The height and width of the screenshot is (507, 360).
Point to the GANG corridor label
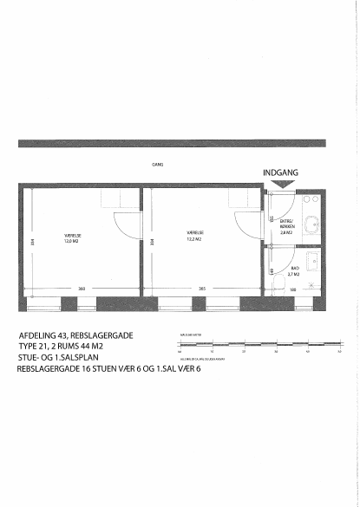pyautogui.click(x=157, y=163)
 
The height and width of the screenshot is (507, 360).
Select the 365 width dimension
pyautogui.click(x=201, y=288)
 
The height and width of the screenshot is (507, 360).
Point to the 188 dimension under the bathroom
pyautogui.click(x=293, y=289)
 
